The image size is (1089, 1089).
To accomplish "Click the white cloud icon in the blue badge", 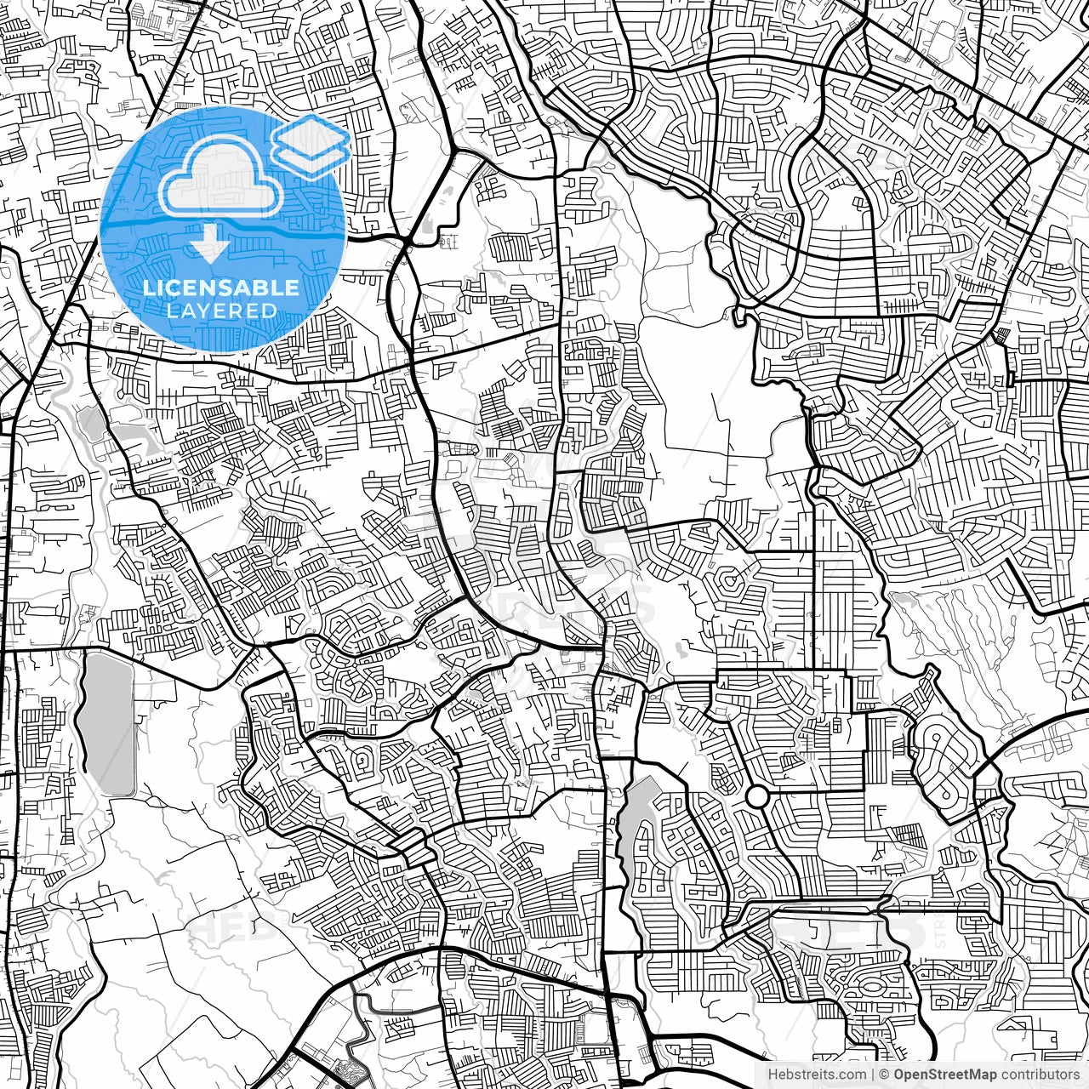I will pyautogui.click(x=220, y=179).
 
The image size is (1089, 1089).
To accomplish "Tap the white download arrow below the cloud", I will pyautogui.click(x=208, y=245).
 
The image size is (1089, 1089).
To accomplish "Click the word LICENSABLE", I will pyautogui.click(x=221, y=288).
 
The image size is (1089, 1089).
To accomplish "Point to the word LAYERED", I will pyautogui.click(x=221, y=311).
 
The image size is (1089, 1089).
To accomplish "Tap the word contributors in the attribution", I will pyautogui.click(x=1040, y=1075).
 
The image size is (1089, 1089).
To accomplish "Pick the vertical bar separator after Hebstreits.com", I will pyautogui.click(x=873, y=1075).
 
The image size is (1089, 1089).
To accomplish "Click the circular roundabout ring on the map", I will pyautogui.click(x=756, y=796).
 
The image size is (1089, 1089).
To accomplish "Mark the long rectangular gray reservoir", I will pyautogui.click(x=108, y=723).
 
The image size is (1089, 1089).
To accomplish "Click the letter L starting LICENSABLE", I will pyautogui.click(x=147, y=288).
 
